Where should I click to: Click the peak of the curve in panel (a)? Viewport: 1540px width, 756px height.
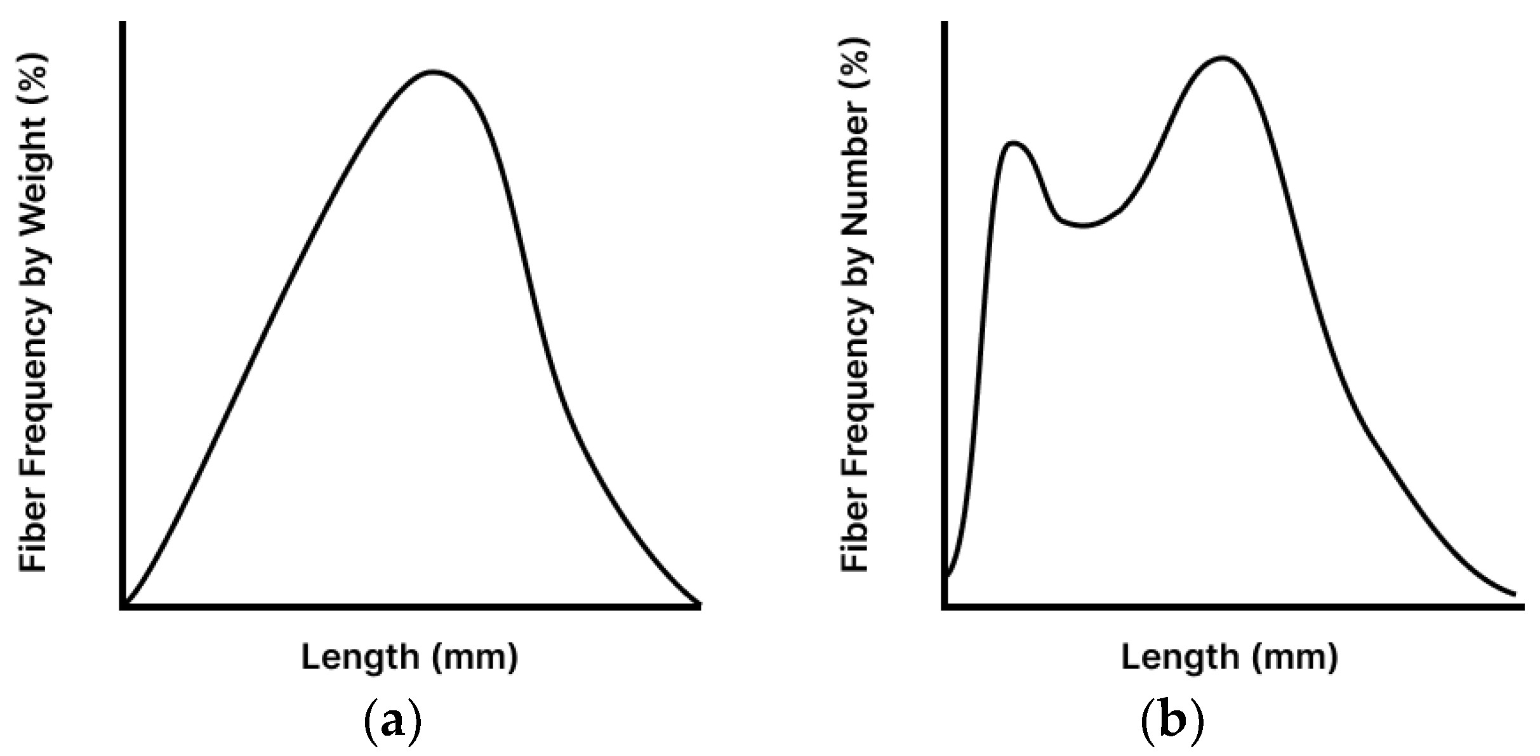tap(434, 72)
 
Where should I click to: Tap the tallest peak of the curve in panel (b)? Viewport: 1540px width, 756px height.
tap(1223, 58)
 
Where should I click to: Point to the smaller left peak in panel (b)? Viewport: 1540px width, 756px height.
tap(1013, 143)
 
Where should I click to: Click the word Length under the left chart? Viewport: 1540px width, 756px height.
tap(360, 657)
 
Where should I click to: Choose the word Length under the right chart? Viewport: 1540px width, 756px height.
tap(1180, 657)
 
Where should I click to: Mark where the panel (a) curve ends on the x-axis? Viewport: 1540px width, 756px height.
tap(698, 604)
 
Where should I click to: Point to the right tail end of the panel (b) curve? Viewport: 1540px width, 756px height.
tap(1515, 594)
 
